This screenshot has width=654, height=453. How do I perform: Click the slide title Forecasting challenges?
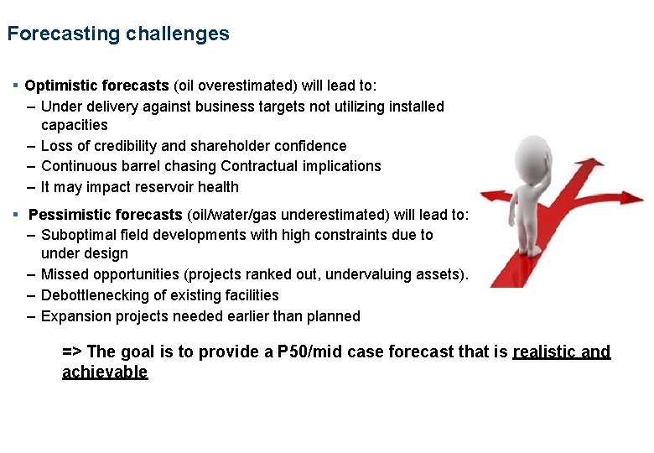point(118,34)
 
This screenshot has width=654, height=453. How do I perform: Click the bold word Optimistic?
point(60,86)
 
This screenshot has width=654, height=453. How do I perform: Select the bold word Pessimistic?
point(66,214)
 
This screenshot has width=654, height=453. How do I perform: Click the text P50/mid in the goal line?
point(305,352)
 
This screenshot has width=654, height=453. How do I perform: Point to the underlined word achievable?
point(105,372)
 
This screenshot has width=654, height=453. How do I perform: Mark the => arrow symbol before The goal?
point(72,352)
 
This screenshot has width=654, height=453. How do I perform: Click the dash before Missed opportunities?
point(31,274)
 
